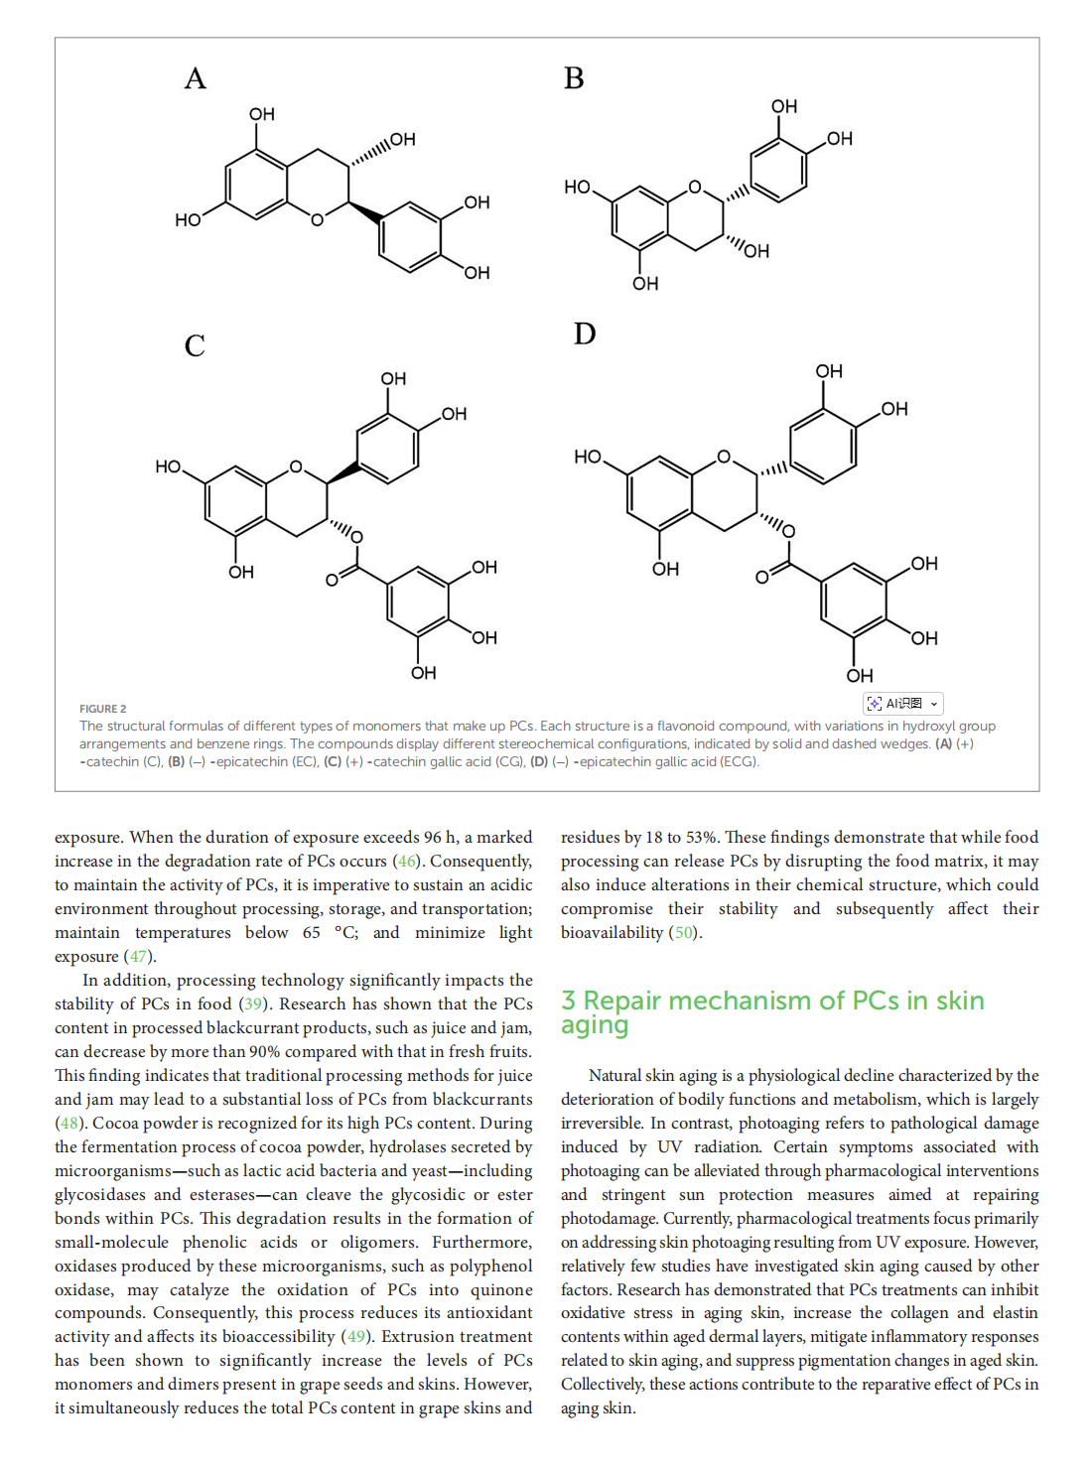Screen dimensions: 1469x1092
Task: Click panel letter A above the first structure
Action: click(196, 78)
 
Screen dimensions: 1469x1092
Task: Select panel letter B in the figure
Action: click(574, 78)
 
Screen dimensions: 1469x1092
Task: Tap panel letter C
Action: click(195, 345)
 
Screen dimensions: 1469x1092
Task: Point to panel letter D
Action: click(585, 334)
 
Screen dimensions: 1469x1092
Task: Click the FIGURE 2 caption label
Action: click(103, 709)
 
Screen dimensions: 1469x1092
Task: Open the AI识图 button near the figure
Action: click(902, 704)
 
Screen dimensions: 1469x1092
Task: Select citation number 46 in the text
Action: click(407, 862)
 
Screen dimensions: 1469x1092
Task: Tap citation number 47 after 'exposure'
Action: click(138, 957)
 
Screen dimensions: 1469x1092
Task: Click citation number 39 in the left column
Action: click(254, 1004)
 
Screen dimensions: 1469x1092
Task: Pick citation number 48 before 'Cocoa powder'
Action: click(69, 1124)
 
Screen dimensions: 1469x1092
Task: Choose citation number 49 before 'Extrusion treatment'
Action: click(356, 1338)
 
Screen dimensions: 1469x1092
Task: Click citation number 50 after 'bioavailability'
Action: click(684, 933)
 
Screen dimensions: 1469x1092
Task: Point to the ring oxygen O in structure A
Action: click(318, 219)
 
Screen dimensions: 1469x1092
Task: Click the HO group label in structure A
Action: click(188, 219)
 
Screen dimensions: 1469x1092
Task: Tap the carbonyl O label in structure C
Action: click(333, 580)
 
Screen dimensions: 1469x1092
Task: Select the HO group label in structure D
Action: click(588, 457)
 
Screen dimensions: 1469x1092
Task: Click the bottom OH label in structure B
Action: click(645, 284)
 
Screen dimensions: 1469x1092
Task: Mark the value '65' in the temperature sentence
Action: click(312, 933)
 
